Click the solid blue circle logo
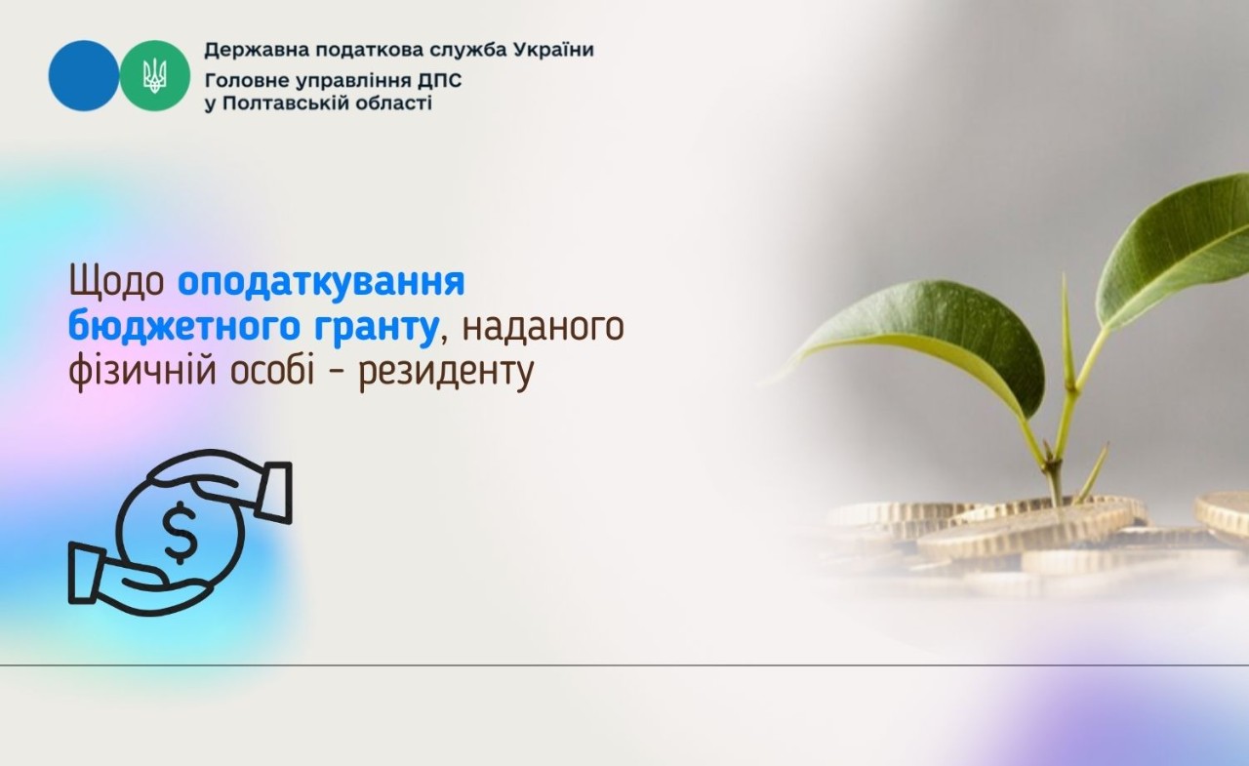pos(83,75)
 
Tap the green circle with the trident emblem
pos(155,75)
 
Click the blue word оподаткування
pos(321,283)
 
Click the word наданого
pos(543,329)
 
